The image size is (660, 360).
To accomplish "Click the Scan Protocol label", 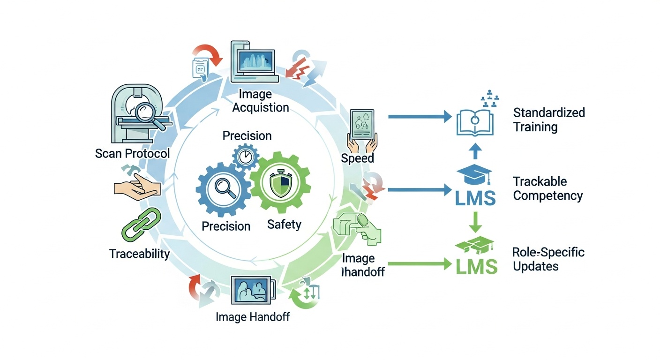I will pos(132,153).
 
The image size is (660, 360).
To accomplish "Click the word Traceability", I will pos(139,254).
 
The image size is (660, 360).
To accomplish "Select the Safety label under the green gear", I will pos(284,225).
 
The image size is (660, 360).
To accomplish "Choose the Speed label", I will pos(357,158).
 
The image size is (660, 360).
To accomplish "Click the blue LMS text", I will pos(475,197).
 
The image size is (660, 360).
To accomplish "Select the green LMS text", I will pos(476,267).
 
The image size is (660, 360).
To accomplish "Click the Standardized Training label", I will pos(549,120).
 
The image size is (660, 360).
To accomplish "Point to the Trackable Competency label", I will pos(547,188).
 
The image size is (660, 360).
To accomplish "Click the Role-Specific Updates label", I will pos(548,259).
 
